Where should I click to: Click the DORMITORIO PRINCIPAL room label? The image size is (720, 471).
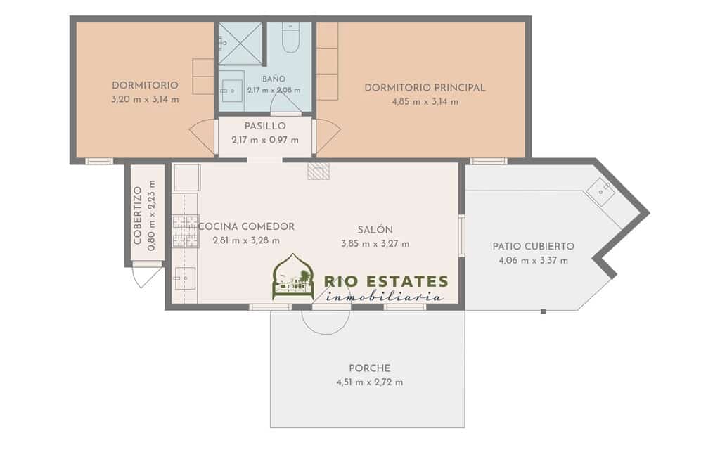(x=425, y=88)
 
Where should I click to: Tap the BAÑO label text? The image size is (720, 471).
(x=274, y=79)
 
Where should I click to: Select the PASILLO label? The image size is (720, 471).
(x=265, y=127)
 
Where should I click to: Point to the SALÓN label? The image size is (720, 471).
(x=375, y=230)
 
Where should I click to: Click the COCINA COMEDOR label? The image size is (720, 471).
(x=246, y=227)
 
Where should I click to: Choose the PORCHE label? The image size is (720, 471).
(x=370, y=368)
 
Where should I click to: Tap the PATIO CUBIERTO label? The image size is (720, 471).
(x=533, y=247)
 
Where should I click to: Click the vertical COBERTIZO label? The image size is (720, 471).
(x=137, y=215)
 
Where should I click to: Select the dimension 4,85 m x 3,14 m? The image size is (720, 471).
(x=425, y=102)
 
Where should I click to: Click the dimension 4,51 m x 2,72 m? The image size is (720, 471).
(x=370, y=382)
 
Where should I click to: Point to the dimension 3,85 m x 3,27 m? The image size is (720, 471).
(x=375, y=244)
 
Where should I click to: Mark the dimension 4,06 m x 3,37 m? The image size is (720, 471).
(x=533, y=261)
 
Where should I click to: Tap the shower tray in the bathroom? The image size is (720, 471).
(x=240, y=44)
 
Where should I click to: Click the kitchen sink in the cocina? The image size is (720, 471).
(x=185, y=278)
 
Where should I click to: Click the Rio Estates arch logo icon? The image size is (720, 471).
(x=293, y=277)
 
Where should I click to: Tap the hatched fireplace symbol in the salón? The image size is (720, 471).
(x=319, y=171)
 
